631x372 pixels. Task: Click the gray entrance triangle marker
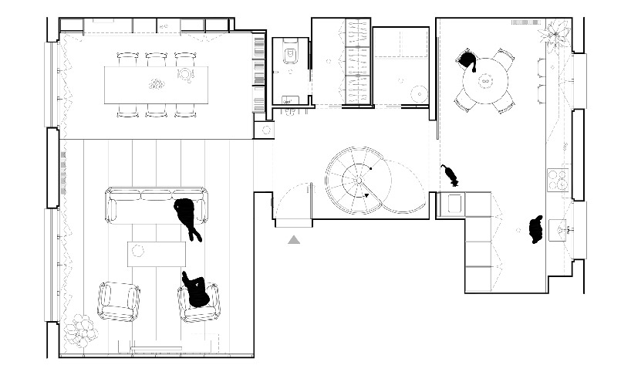coord(294,241)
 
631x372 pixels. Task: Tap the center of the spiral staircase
coord(358,178)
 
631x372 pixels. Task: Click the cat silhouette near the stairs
coord(450,176)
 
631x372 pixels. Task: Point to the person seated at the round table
coord(467,60)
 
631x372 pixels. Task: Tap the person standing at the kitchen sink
coord(536,229)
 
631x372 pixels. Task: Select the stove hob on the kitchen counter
coord(558,183)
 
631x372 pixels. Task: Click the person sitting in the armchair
coord(197,292)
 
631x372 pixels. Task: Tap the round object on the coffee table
coord(139,249)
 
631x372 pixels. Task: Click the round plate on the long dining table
coord(186,74)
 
